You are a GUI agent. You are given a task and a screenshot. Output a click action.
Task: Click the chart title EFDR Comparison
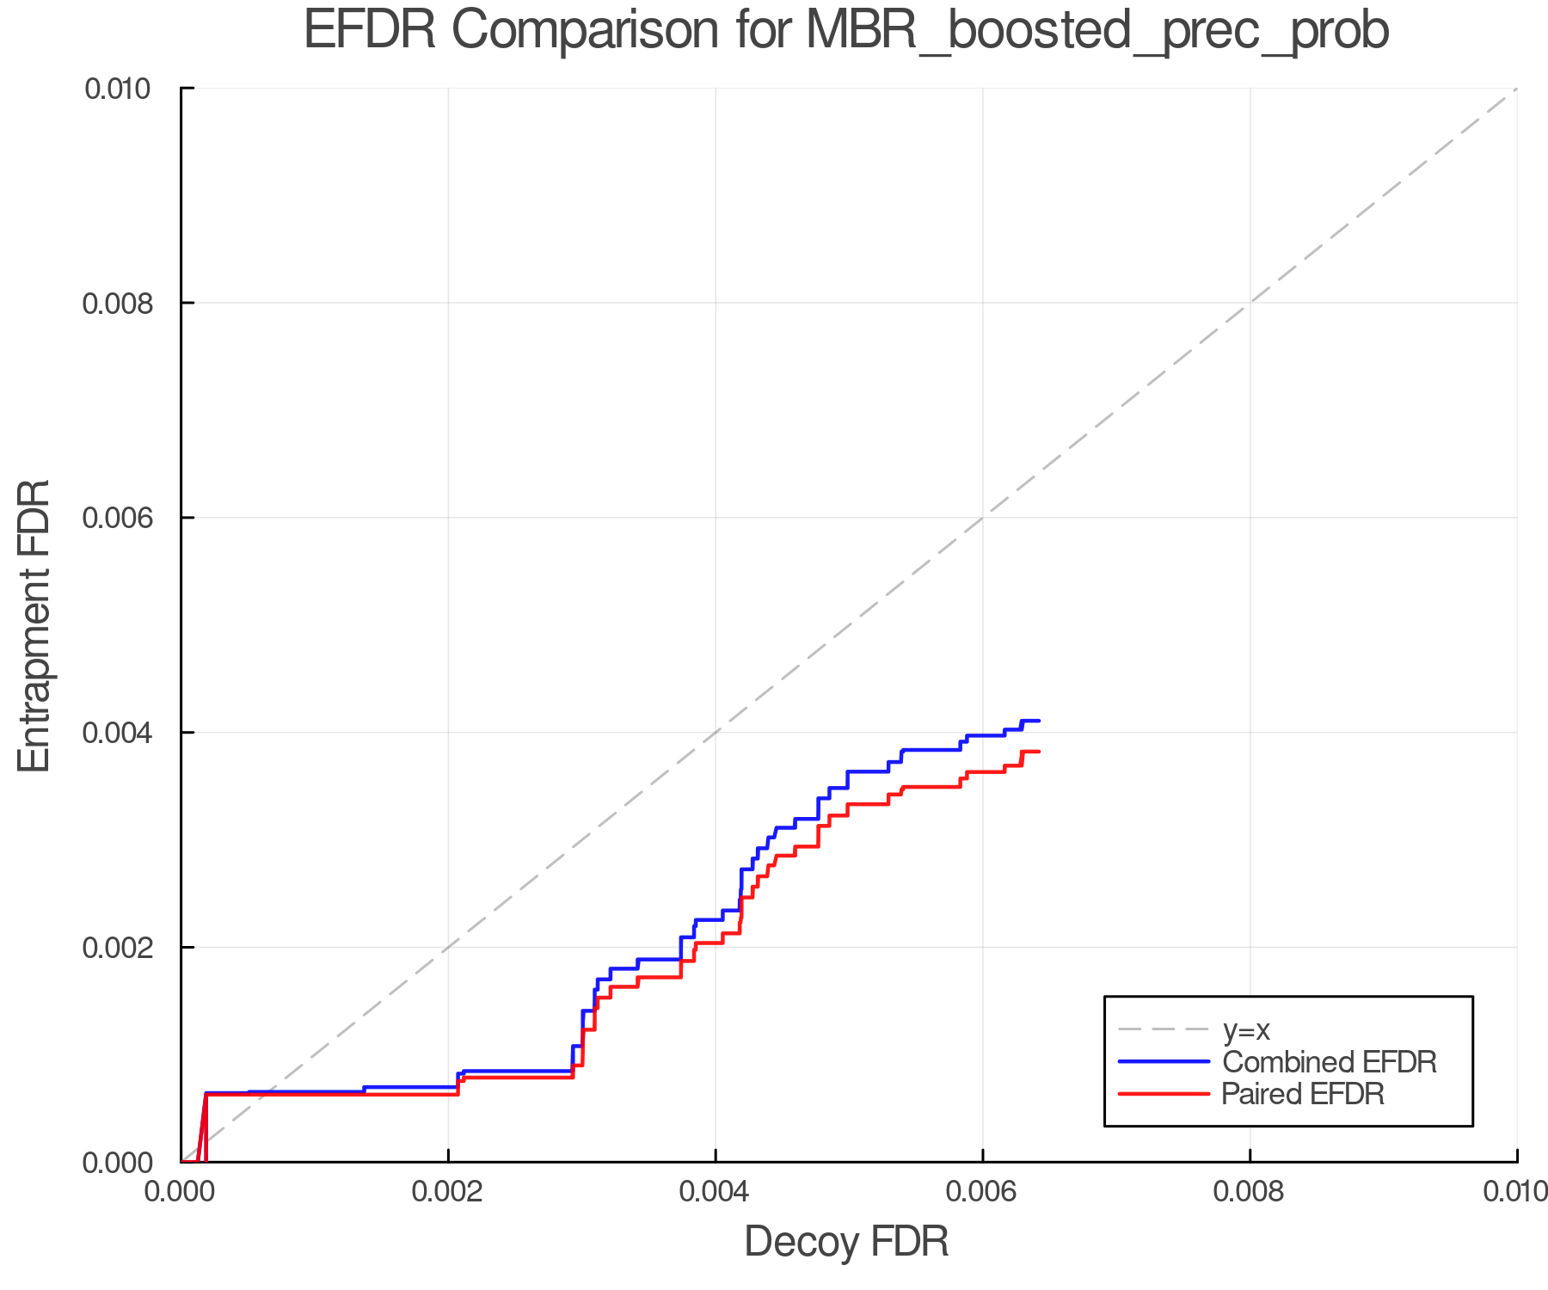(846, 31)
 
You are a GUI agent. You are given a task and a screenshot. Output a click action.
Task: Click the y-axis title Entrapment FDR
(34, 625)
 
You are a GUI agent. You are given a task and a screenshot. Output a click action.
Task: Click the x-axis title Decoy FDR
(846, 1242)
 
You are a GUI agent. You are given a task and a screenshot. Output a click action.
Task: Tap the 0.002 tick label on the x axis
(448, 1192)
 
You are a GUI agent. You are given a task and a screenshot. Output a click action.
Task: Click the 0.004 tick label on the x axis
(716, 1192)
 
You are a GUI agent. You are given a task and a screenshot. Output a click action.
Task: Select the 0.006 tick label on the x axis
(983, 1192)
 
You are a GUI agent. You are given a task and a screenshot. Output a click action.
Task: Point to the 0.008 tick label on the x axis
(1250, 1192)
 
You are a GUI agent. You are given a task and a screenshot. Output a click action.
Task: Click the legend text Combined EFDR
(1330, 1062)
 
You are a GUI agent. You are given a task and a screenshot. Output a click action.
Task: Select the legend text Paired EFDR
(1303, 1094)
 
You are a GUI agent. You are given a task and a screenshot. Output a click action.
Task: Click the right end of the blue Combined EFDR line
(1040, 721)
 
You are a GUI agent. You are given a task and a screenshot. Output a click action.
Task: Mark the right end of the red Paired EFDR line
(1040, 752)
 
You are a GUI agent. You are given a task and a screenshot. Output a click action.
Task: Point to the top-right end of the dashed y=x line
(1516, 89)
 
